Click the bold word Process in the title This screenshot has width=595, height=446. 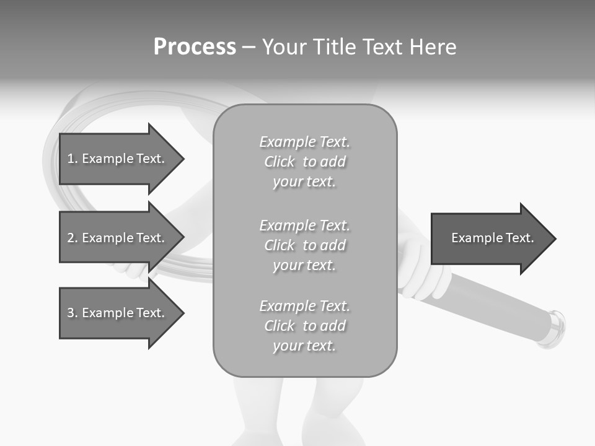click(x=195, y=47)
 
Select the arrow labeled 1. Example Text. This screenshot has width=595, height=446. click(x=118, y=159)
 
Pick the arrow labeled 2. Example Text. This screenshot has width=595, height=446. click(x=118, y=238)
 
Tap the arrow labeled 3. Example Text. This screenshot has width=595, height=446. click(x=118, y=313)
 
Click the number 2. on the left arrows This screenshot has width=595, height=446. click(x=73, y=238)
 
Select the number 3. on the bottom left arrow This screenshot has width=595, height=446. click(x=73, y=313)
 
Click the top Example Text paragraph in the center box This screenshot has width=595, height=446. click(x=304, y=162)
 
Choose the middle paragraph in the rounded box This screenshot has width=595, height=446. click(x=304, y=245)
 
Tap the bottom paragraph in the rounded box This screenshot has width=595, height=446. click(x=304, y=326)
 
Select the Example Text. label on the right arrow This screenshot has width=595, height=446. click(x=492, y=238)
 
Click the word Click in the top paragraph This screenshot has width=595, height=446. click(x=280, y=162)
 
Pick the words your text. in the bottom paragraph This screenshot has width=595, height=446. click(x=304, y=346)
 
